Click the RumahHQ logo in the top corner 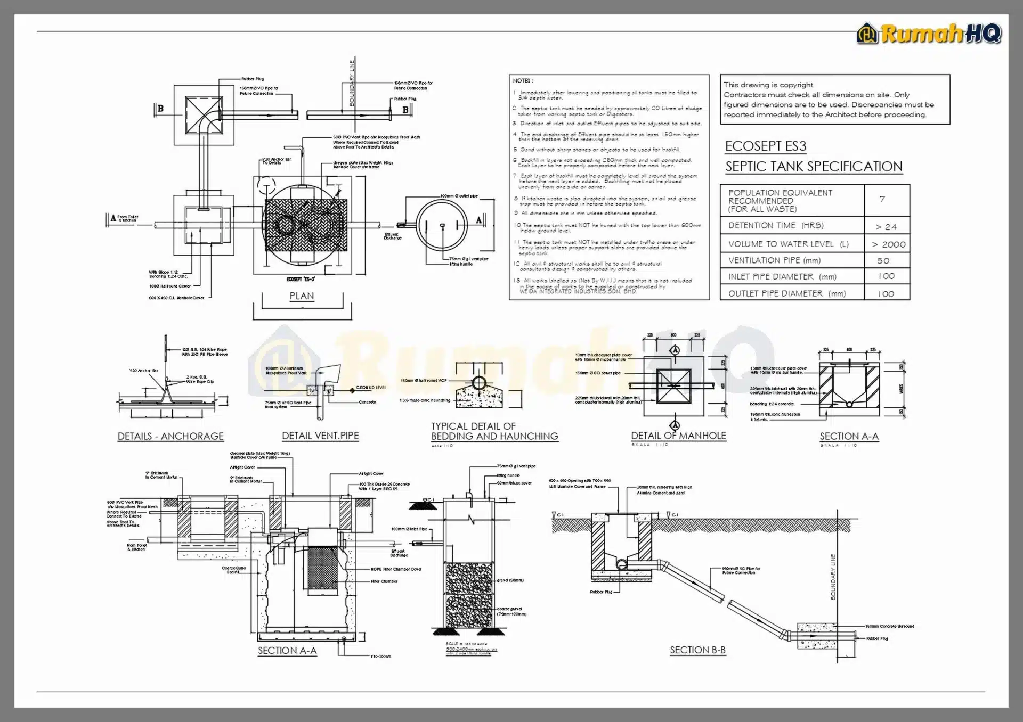[929, 34]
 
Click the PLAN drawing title [302, 296]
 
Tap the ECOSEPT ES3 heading [765, 146]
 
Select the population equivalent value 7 [882, 199]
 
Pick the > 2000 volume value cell [888, 244]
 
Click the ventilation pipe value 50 [883, 261]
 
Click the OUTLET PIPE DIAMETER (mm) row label [786, 293]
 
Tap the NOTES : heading [523, 81]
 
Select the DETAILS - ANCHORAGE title [170, 436]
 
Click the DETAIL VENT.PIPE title [320, 436]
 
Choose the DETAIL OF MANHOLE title [678, 436]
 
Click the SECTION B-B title [697, 650]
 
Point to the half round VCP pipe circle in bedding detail [479, 383]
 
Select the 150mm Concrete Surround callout [889, 626]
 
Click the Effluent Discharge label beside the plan [393, 236]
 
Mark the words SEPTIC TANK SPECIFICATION [814, 167]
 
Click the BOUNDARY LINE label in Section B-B [833, 577]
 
